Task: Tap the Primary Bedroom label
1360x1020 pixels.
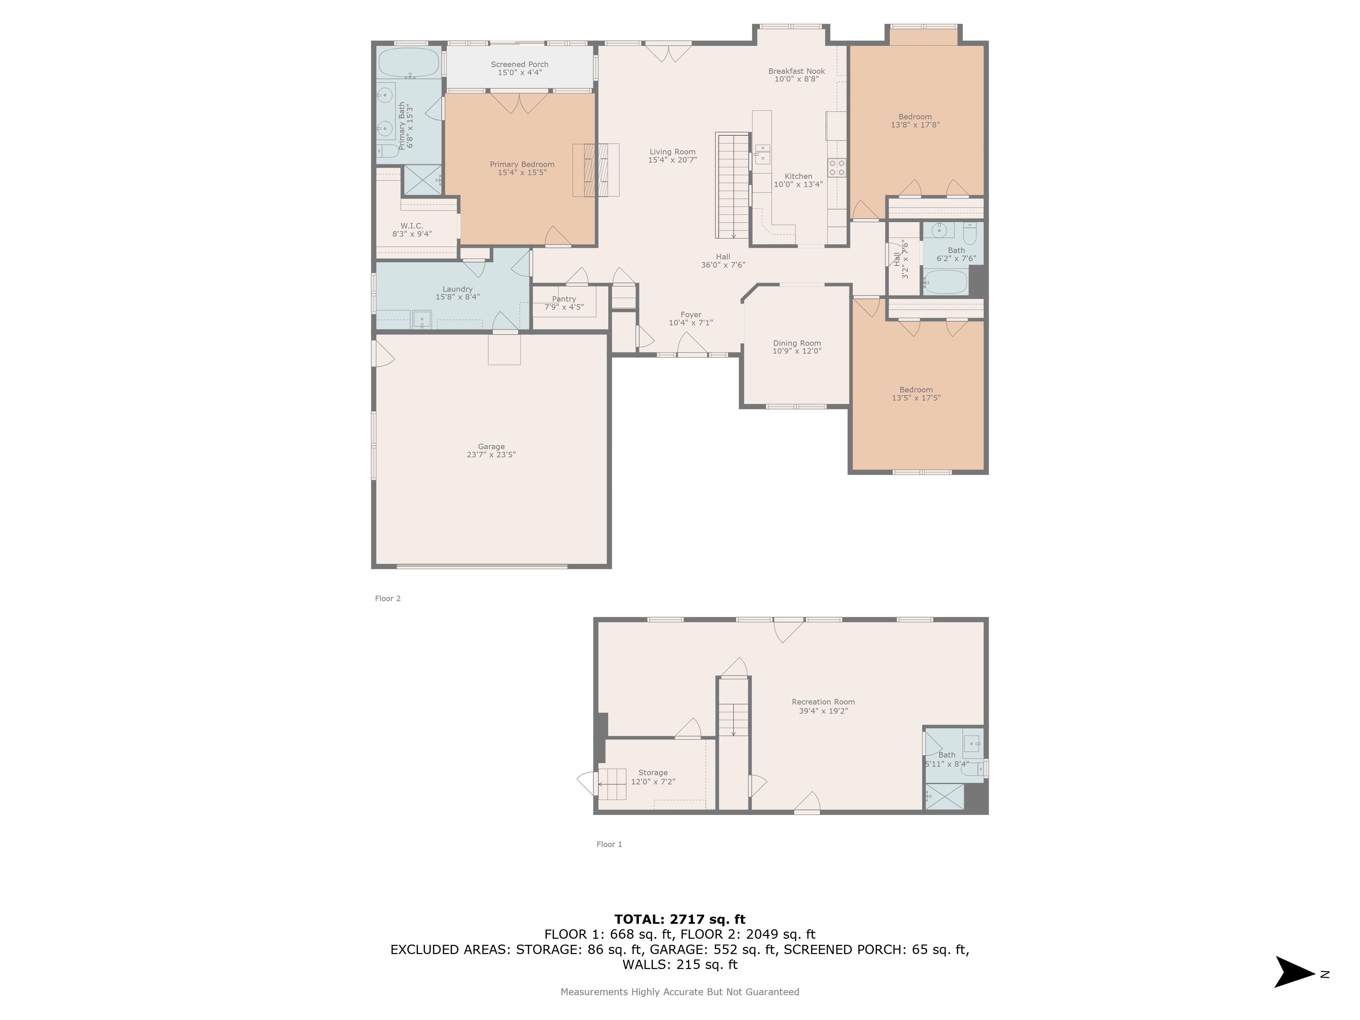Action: pos(522,164)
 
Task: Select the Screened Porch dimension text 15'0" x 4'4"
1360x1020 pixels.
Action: pos(520,72)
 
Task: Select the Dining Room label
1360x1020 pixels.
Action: pos(797,343)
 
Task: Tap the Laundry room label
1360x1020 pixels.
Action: pos(457,289)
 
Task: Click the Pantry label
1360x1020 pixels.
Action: pos(564,299)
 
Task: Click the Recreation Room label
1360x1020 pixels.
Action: pos(823,701)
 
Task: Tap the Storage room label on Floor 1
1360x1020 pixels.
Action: pos(652,772)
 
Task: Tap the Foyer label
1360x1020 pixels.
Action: pos(691,314)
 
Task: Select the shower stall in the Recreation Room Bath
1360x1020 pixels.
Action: pos(945,797)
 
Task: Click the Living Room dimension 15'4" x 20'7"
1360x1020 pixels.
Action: pos(672,160)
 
